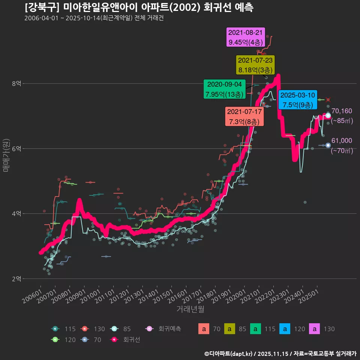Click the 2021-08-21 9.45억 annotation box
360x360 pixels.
point(245,37)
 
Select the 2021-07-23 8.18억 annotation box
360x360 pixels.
point(256,65)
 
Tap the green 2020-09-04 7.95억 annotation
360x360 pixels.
point(224,89)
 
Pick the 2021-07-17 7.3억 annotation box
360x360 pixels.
point(244,117)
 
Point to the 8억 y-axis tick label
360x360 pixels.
point(16,84)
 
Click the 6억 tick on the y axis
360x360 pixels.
point(16,148)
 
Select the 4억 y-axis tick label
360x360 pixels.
point(16,214)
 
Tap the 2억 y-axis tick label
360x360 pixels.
point(16,279)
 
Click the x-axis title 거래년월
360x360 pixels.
point(190,309)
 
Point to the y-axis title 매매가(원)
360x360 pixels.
point(6,155)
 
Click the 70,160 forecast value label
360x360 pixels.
point(342,111)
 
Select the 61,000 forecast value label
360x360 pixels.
point(342,141)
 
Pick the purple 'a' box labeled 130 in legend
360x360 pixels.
point(314,329)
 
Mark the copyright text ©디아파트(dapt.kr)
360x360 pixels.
point(229,353)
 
